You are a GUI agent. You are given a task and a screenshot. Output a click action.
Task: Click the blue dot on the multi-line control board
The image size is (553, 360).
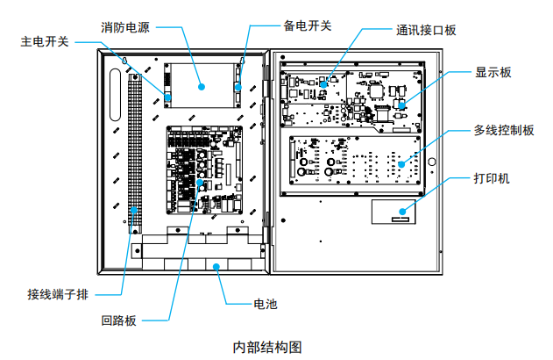click(x=401, y=163)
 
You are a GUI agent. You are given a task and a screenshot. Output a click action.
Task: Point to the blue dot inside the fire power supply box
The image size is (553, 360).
click(x=201, y=86)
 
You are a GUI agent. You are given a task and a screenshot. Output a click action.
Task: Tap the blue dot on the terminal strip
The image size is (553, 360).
click(x=134, y=210)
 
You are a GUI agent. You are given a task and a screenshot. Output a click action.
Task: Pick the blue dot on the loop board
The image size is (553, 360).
click(x=201, y=183)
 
